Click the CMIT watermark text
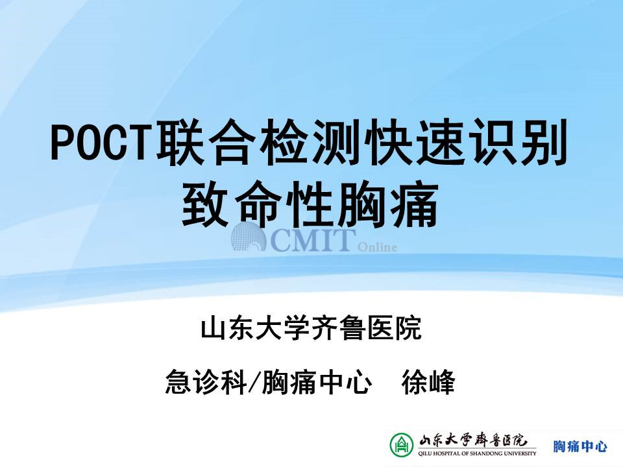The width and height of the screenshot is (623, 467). pyautogui.click(x=312, y=240)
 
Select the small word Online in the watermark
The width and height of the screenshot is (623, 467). pyautogui.click(x=377, y=247)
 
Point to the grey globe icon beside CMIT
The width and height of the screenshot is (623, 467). pyautogui.click(x=249, y=237)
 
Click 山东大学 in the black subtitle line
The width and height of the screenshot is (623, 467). pyautogui.click(x=255, y=328)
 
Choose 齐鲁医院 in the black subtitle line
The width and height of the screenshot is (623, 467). pyautogui.click(x=366, y=328)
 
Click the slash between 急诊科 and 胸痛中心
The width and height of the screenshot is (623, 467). pyautogui.click(x=254, y=382)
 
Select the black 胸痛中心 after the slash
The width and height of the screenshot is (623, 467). pyautogui.click(x=317, y=382)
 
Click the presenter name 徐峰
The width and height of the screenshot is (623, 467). pyautogui.click(x=428, y=382)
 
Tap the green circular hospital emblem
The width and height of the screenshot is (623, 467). pyautogui.click(x=401, y=444)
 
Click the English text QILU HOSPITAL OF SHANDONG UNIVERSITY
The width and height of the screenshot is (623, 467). pyautogui.click(x=477, y=453)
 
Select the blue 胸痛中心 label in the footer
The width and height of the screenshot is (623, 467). pyautogui.click(x=580, y=446)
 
